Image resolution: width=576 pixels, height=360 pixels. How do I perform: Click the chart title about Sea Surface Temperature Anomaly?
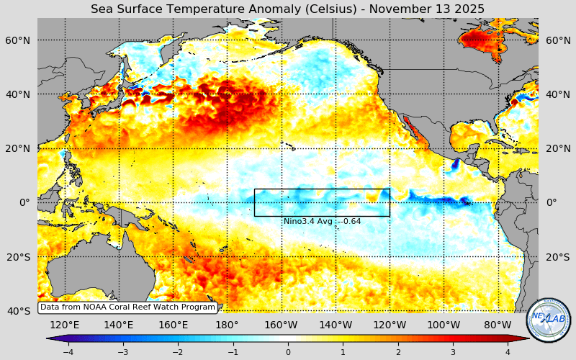(x=287, y=9)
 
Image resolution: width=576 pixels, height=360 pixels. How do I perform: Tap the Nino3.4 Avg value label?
(x=322, y=221)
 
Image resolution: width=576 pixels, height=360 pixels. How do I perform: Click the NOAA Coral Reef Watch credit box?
(x=127, y=307)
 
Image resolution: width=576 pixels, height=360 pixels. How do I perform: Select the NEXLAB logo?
(x=548, y=320)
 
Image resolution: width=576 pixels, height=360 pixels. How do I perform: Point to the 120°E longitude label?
(x=64, y=325)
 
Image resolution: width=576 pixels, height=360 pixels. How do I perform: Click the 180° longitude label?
(x=227, y=325)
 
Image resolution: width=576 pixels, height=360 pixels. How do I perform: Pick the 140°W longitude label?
(x=336, y=325)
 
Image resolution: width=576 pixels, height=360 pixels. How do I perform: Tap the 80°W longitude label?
(x=498, y=325)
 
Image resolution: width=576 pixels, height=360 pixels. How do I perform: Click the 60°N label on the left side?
(x=19, y=40)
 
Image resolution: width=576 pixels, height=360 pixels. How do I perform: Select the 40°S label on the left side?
(x=19, y=311)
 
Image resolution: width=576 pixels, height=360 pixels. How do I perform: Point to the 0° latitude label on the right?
(x=552, y=202)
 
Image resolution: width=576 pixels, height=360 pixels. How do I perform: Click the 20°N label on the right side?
(x=557, y=148)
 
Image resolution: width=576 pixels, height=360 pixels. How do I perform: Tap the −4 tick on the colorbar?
(x=68, y=352)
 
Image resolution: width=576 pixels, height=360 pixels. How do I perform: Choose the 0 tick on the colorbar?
(x=288, y=352)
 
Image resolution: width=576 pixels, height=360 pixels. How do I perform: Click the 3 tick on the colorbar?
(x=453, y=352)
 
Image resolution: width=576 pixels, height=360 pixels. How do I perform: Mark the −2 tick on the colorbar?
(x=178, y=352)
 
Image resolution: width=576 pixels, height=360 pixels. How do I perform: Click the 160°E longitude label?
(x=173, y=325)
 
